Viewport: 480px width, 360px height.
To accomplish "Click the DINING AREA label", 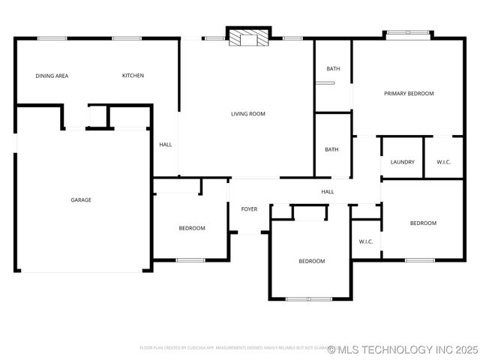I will click(52, 76).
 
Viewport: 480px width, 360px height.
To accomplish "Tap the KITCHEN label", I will click(133, 76).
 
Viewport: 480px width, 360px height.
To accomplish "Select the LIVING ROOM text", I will click(247, 114).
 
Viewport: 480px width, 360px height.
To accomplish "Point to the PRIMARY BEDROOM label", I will click(409, 94).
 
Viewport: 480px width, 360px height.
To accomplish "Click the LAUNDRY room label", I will click(403, 162).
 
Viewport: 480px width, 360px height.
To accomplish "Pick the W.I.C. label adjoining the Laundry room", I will click(443, 162).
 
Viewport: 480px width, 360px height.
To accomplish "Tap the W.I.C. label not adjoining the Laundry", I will click(366, 241).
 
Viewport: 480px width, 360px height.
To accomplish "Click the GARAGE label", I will click(81, 200).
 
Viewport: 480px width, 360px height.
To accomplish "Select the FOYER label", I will click(249, 209).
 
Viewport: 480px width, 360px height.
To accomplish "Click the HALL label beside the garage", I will click(166, 145).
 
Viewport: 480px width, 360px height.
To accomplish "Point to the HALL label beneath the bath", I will click(328, 192).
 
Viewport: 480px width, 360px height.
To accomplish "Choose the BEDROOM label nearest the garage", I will click(191, 228).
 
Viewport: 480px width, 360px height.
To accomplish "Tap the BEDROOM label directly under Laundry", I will click(423, 223).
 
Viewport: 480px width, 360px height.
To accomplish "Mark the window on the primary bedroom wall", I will click(409, 33).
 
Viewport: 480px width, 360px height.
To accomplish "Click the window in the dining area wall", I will click(52, 38).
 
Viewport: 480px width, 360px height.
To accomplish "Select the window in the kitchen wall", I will click(127, 38).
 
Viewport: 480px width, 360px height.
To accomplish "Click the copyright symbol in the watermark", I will click(331, 349).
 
